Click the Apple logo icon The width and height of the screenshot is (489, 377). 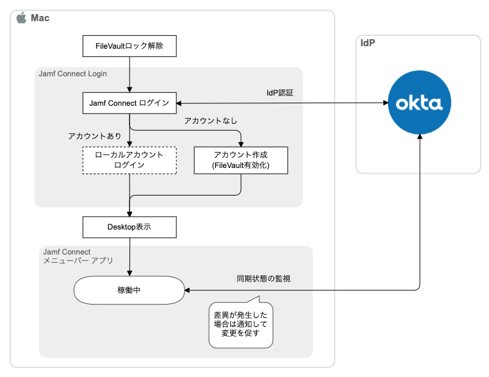(x=21, y=18)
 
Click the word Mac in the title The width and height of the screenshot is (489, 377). (x=40, y=18)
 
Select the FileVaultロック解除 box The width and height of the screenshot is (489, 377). (x=129, y=46)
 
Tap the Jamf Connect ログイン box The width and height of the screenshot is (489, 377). (x=129, y=103)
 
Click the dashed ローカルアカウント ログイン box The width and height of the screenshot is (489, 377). (x=129, y=160)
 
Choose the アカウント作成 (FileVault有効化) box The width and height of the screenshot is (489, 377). (x=240, y=160)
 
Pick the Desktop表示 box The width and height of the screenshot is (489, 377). (x=129, y=227)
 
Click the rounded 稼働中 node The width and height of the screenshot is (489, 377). (x=129, y=290)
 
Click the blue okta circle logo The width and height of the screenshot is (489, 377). (x=419, y=103)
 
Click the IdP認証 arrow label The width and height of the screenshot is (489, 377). (x=280, y=93)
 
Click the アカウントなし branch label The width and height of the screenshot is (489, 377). (x=206, y=120)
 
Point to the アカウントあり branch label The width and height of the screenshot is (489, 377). (x=95, y=136)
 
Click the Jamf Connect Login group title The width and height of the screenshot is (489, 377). (x=72, y=74)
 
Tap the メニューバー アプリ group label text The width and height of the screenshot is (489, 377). (x=78, y=261)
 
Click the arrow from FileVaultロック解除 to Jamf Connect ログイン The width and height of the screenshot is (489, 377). (x=129, y=74)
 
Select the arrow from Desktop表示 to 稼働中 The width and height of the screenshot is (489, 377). (x=129, y=256)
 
